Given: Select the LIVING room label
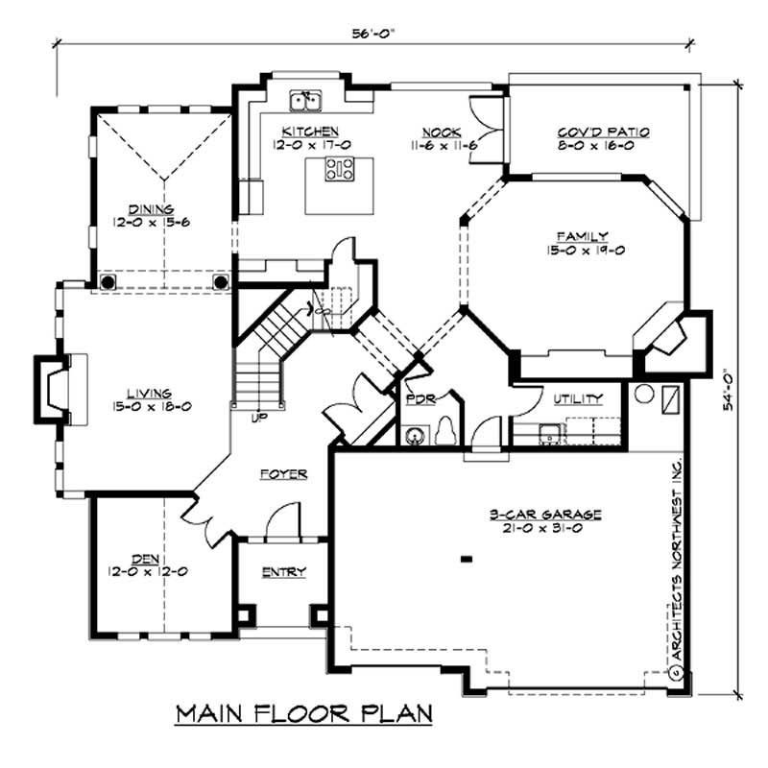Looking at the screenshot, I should tap(149, 393).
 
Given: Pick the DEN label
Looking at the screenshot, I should tap(146, 556).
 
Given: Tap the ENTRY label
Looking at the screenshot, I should tap(284, 572).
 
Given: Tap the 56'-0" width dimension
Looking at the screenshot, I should tap(375, 31).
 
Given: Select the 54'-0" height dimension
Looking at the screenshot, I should tap(732, 391).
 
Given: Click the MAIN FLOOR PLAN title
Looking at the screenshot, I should tap(303, 714).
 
